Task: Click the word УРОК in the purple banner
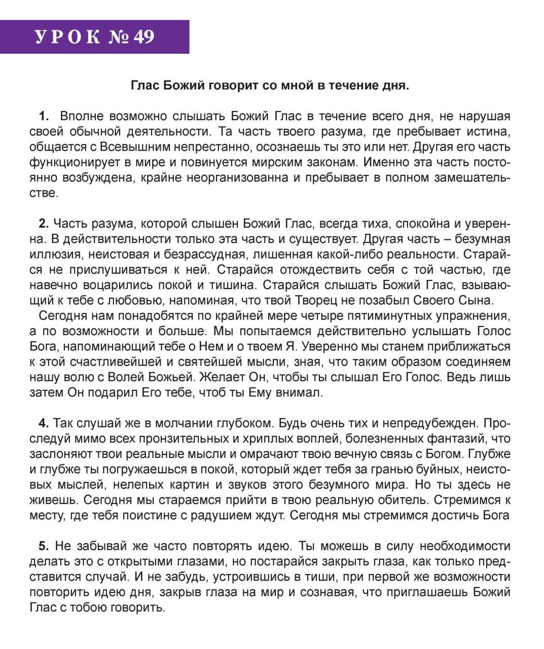point(67,37)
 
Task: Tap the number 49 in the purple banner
point(143,37)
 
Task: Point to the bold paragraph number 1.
point(44,116)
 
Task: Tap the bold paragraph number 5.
point(44,546)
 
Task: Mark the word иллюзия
point(52,255)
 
